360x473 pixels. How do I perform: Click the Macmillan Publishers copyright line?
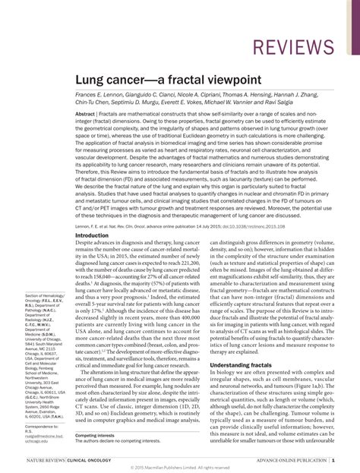pyautogui.click(x=179, y=468)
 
